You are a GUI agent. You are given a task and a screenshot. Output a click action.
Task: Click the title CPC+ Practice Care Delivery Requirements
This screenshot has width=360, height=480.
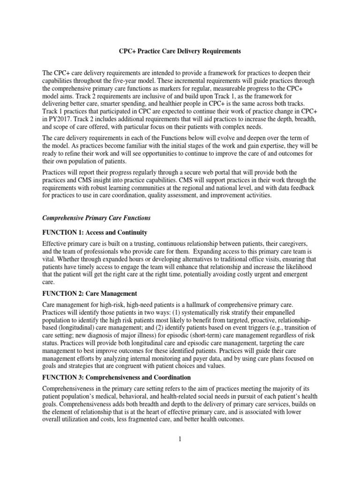click(180, 51)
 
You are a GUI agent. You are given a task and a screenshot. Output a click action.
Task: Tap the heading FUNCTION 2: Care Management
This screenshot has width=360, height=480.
click(90, 293)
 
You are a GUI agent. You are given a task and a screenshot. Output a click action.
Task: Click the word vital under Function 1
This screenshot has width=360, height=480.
click(50, 259)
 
